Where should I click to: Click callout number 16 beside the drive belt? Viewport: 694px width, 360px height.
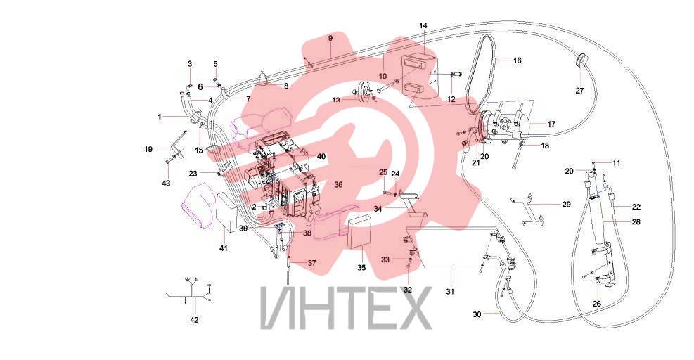[517, 60]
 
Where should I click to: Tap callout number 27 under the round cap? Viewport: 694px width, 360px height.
[580, 91]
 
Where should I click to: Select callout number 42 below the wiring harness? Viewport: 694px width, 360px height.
[194, 320]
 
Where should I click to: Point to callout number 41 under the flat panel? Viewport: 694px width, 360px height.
[224, 248]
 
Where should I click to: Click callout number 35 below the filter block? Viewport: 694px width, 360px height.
[361, 268]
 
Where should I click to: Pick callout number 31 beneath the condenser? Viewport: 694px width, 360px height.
[450, 292]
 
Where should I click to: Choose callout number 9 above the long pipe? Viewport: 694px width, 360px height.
[330, 39]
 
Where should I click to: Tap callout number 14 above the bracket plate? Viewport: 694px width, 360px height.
[423, 26]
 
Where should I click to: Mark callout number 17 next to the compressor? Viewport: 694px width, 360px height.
[551, 124]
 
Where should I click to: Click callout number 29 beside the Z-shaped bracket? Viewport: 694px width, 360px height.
[566, 205]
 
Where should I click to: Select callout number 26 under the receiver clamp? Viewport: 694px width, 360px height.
[597, 304]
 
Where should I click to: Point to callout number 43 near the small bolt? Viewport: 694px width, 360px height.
[167, 183]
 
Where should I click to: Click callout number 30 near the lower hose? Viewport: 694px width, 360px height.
[477, 315]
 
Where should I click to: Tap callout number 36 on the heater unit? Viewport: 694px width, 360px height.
[338, 185]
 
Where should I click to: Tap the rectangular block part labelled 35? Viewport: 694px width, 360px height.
[359, 233]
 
